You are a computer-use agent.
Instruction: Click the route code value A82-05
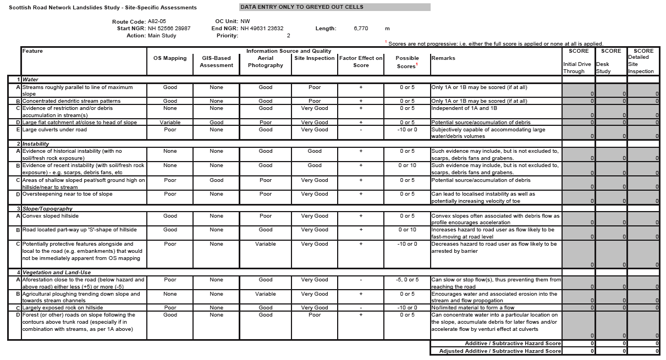click(x=157, y=21)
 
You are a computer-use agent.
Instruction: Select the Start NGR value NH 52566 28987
click(x=169, y=29)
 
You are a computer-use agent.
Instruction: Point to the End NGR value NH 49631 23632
click(x=262, y=29)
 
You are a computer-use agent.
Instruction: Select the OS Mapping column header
click(x=170, y=58)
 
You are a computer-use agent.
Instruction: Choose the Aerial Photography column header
click(x=265, y=62)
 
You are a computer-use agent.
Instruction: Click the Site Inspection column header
click(x=314, y=58)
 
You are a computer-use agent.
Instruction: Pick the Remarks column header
click(x=443, y=58)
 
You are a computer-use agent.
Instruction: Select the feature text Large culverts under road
click(x=54, y=130)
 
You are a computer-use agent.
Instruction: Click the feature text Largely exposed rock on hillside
click(x=63, y=308)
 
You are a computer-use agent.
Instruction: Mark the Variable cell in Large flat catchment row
click(x=170, y=123)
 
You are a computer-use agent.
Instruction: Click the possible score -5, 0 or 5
click(x=407, y=280)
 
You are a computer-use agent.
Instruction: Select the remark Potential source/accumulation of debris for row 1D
click(x=481, y=123)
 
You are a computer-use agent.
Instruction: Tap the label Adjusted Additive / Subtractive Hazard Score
click(x=500, y=351)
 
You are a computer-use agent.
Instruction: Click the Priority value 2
click(x=288, y=36)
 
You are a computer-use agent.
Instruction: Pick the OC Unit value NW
click(x=245, y=21)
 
